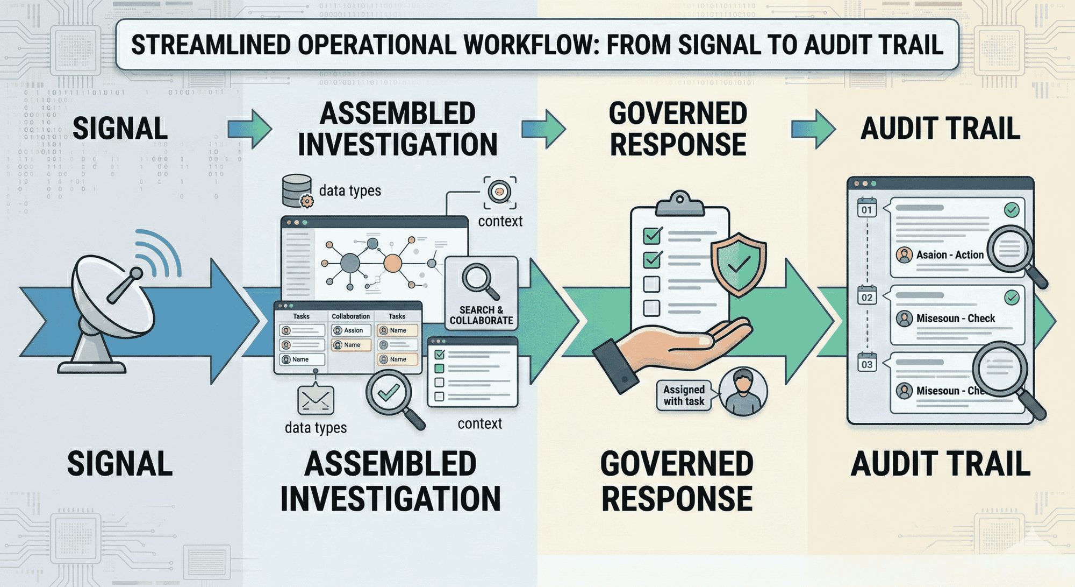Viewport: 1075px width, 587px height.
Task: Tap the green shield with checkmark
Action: [x=739, y=263]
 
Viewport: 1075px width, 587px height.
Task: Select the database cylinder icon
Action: [x=297, y=190]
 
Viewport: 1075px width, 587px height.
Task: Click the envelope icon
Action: [x=316, y=400]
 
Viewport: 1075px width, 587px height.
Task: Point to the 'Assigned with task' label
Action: [x=684, y=395]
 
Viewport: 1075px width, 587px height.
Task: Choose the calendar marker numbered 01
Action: [x=866, y=208]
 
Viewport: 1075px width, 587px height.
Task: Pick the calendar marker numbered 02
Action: [x=867, y=296]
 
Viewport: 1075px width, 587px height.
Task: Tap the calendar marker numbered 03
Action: [x=867, y=363]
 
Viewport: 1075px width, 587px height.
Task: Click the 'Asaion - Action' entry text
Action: [x=950, y=255]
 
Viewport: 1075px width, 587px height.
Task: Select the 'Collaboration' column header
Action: [x=350, y=316]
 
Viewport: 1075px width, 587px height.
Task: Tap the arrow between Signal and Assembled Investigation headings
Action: [x=249, y=129]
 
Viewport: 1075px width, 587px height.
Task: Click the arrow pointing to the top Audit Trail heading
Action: [x=813, y=129]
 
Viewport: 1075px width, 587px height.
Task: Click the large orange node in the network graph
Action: [x=393, y=263]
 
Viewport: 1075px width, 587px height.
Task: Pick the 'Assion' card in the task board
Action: [x=350, y=330]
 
